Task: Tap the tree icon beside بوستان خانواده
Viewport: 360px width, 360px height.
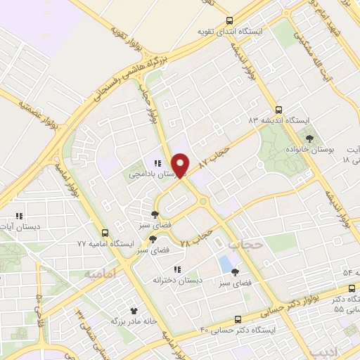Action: [308, 139]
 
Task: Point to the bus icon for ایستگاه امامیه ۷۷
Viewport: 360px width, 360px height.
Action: [105, 233]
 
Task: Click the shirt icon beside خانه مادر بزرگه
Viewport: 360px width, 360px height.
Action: [134, 309]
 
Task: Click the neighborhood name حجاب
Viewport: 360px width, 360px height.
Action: [245, 244]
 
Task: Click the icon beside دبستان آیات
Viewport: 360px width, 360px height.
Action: [20, 215]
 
